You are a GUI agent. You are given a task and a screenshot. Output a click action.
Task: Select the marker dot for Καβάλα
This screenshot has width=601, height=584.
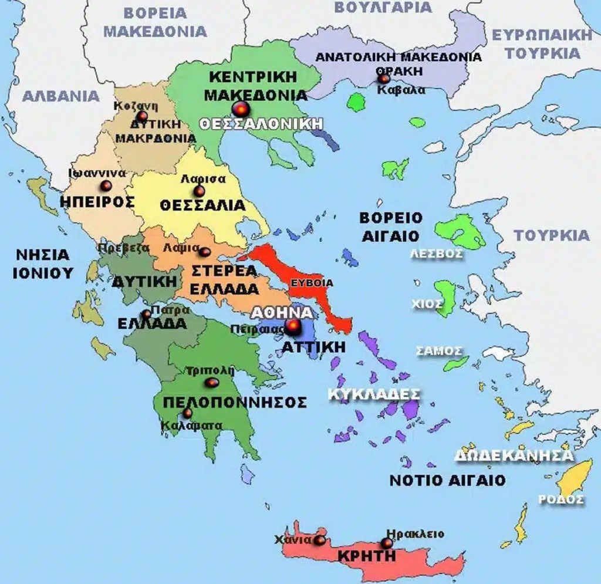tap(383, 78)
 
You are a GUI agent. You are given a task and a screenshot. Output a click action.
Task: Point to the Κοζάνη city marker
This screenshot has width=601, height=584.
tap(142, 115)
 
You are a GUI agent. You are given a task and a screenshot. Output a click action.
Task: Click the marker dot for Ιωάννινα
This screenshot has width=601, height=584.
tap(106, 185)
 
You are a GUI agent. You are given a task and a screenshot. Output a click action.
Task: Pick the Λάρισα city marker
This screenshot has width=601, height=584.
tap(200, 191)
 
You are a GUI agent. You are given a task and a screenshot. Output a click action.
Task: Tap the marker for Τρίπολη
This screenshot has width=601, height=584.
tap(212, 383)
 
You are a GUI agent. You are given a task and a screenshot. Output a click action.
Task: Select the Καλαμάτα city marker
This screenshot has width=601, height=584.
tap(187, 413)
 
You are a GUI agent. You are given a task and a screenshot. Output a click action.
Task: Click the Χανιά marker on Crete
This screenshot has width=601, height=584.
tap(319, 540)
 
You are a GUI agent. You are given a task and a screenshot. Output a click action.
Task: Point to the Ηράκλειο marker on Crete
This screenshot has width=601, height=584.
tap(387, 544)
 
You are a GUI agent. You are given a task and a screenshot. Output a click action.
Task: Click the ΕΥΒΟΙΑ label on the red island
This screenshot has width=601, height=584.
tap(312, 283)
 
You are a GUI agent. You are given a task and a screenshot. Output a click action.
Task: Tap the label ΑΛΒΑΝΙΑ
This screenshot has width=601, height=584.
tap(60, 96)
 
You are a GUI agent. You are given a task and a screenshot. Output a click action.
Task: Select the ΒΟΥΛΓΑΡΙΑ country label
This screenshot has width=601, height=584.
tap(383, 7)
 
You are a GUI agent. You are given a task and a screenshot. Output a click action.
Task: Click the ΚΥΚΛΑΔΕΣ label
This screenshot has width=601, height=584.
tap(374, 394)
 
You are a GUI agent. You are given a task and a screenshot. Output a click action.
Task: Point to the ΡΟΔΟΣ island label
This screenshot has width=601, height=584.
tap(561, 499)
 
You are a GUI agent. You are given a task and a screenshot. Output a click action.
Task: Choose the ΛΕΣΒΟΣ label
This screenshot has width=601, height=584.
tap(436, 254)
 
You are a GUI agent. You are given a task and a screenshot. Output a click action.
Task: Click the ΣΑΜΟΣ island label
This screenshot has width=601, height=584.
tap(438, 351)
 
